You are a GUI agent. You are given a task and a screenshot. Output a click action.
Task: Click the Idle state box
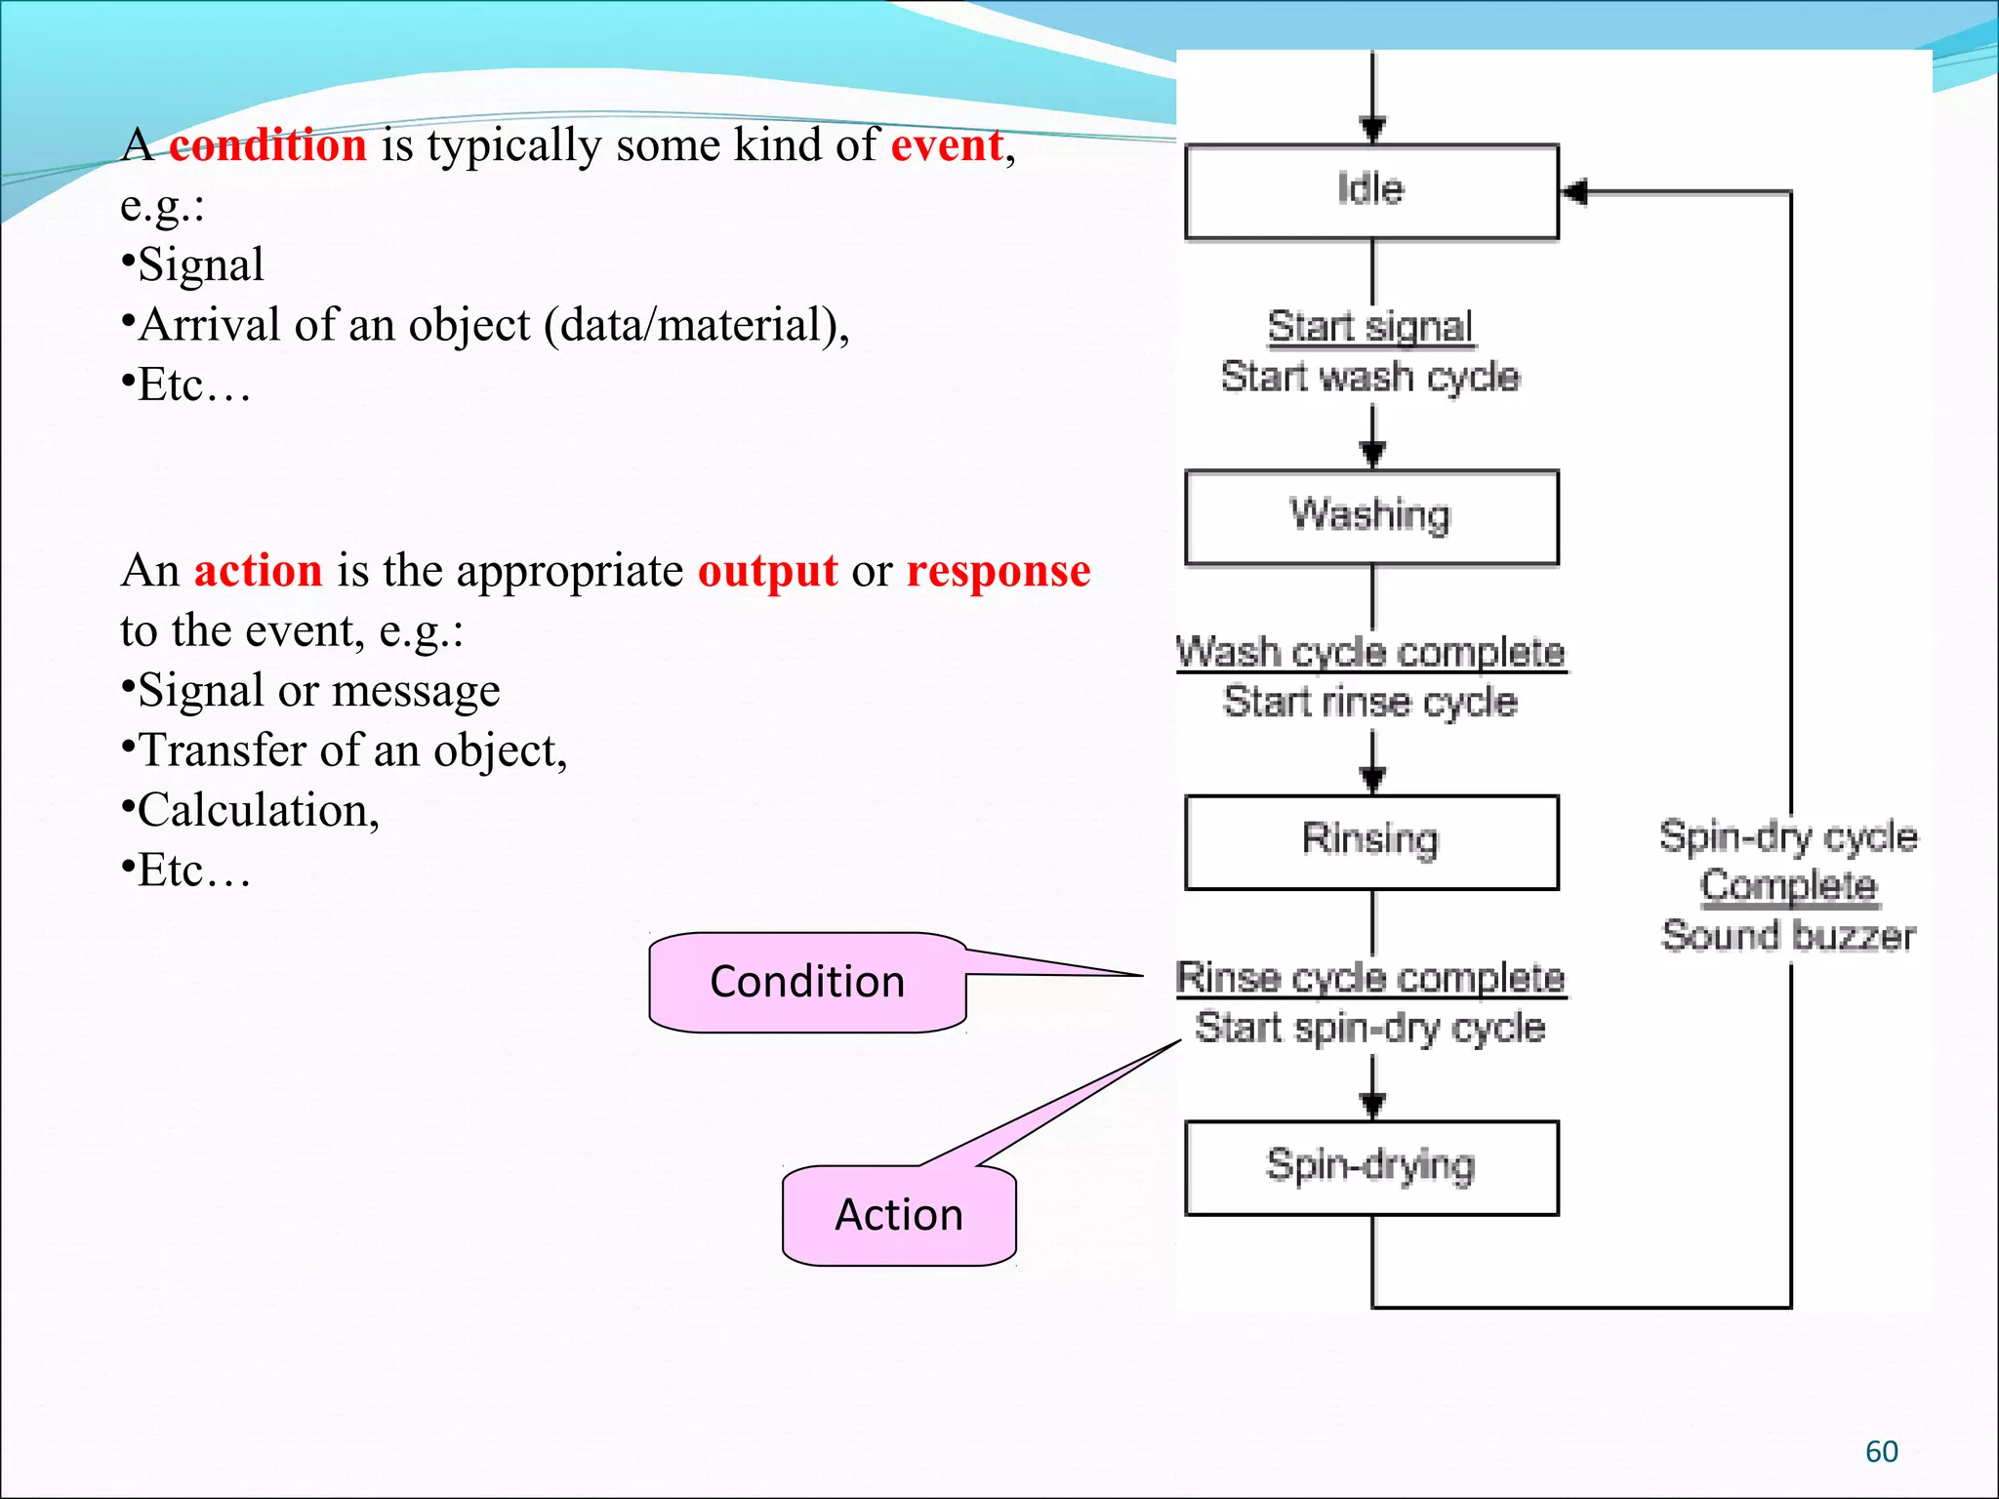point(1370,191)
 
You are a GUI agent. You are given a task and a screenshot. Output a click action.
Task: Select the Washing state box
point(1370,517)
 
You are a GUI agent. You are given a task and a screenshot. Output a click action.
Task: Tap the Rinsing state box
point(1370,841)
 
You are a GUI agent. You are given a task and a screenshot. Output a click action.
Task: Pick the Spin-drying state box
point(1370,1167)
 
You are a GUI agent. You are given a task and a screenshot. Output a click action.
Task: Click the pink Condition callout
point(807,982)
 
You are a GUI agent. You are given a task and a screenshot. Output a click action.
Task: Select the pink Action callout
point(899,1215)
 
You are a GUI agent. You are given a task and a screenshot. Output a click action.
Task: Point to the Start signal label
point(1370,326)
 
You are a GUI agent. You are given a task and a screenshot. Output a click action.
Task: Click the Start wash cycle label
point(1370,377)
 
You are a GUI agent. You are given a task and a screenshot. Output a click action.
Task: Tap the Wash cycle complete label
point(1370,652)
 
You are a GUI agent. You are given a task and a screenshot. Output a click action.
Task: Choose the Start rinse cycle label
point(1370,702)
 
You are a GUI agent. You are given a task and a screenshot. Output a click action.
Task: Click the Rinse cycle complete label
point(1370,977)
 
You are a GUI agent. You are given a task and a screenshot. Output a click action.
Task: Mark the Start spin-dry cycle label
point(1370,1028)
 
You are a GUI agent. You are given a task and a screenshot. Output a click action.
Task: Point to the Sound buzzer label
point(1788,936)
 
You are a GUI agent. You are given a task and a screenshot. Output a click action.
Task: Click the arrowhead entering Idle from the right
point(1573,191)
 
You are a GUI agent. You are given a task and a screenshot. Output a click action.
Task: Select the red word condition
point(268,145)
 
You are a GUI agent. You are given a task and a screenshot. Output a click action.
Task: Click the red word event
point(947,145)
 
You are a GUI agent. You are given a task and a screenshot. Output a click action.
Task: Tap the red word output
point(767,571)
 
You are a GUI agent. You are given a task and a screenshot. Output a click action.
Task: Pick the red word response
point(998,571)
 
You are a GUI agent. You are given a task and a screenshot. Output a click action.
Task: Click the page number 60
point(1881,1452)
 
